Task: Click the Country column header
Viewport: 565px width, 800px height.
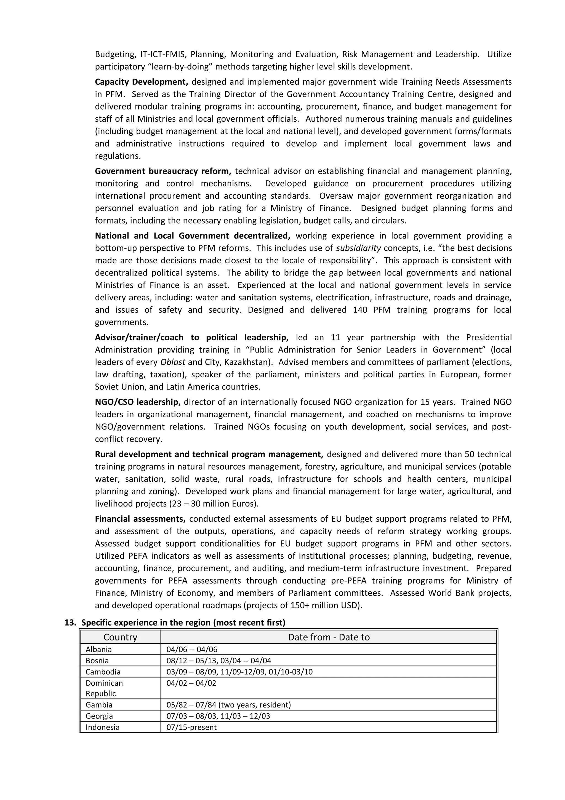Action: [x=121, y=637]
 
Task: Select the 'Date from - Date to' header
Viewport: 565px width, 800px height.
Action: [x=329, y=637]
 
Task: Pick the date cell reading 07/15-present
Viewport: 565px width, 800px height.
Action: [x=191, y=727]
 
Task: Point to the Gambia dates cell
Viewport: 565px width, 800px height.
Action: [x=228, y=705]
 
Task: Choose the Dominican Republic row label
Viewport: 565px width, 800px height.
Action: [x=104, y=688]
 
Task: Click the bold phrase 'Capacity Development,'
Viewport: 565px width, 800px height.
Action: [x=141, y=82]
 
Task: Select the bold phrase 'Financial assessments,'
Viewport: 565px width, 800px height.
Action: [x=140, y=519]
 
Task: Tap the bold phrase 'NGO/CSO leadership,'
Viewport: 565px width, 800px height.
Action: [x=137, y=402]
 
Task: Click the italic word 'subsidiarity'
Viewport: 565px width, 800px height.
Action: [x=358, y=248]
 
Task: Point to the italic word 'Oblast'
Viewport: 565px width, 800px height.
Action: [x=173, y=362]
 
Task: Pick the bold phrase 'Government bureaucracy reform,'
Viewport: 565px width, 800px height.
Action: [x=163, y=171]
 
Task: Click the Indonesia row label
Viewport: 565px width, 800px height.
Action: [x=103, y=727]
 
